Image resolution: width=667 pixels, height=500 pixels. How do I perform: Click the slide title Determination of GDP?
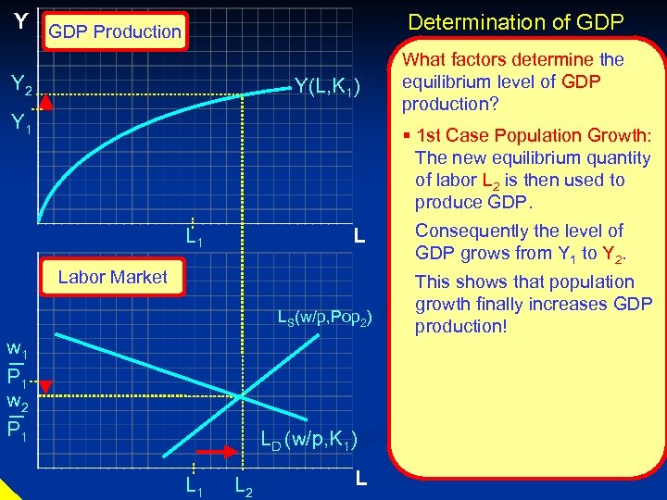[x=516, y=21]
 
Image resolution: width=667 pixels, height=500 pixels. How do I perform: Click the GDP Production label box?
[x=115, y=31]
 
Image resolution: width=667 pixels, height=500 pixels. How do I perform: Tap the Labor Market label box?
[x=112, y=277]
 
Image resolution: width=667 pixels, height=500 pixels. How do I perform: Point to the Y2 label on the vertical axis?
[x=20, y=85]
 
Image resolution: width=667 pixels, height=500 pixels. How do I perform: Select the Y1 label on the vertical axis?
[x=20, y=123]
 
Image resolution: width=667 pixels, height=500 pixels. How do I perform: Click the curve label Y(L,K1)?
[x=333, y=86]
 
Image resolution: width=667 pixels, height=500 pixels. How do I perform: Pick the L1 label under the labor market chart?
[x=194, y=483]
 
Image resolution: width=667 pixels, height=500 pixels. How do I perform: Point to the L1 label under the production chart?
[x=195, y=239]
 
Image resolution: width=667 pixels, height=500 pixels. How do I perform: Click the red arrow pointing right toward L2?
[x=220, y=453]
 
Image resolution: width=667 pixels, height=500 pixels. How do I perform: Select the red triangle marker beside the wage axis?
[x=48, y=386]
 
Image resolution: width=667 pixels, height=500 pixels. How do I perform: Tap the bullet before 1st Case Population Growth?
[x=408, y=136]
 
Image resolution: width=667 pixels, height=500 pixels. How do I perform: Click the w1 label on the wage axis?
[x=16, y=352]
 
